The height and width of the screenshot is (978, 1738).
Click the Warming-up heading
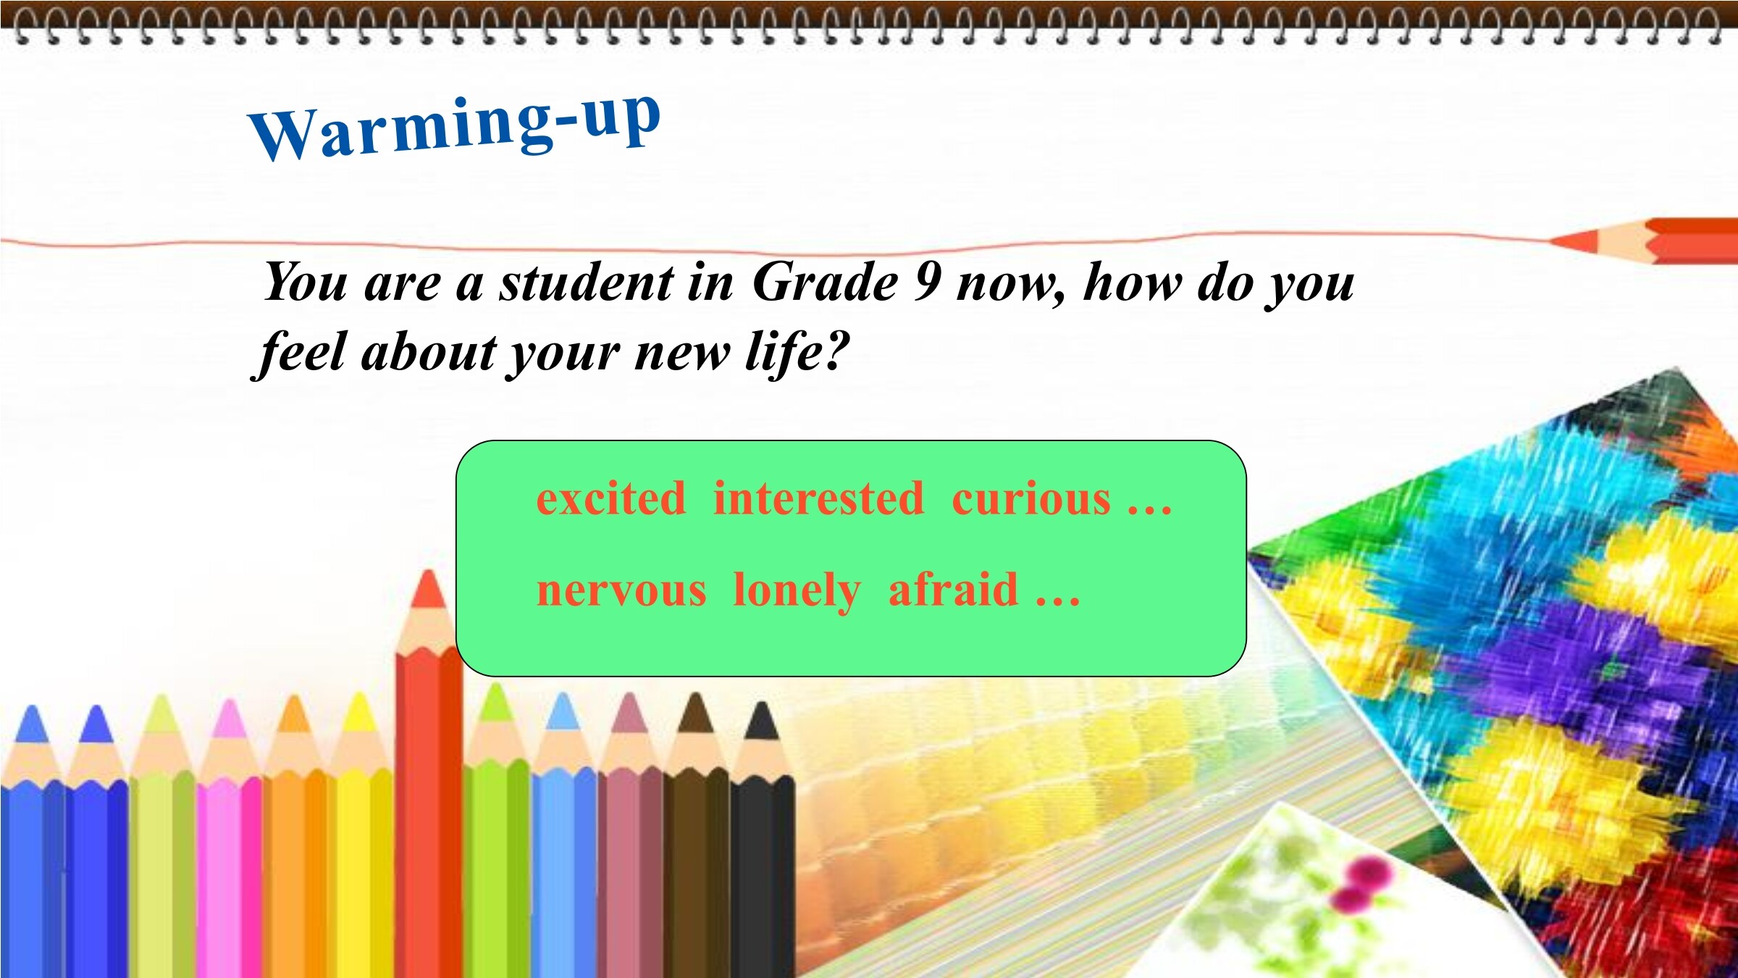point(455,128)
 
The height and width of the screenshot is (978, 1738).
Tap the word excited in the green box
point(610,499)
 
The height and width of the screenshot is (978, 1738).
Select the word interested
point(818,498)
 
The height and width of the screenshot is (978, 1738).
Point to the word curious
point(1030,499)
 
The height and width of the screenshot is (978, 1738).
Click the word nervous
point(621,590)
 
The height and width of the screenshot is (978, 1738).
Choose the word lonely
point(797,590)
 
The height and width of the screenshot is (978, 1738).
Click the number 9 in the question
point(928,281)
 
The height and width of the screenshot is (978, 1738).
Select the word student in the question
point(586,281)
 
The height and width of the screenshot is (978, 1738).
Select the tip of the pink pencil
point(230,701)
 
